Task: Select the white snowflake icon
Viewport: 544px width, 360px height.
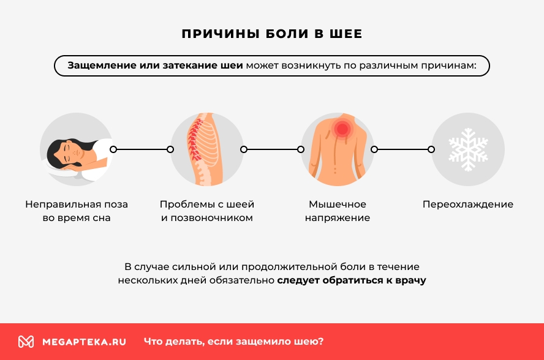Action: point(468,149)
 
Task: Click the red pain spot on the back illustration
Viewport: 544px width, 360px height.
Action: point(341,129)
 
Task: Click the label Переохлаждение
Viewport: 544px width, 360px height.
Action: point(468,204)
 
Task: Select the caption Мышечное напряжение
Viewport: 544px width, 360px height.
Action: point(338,211)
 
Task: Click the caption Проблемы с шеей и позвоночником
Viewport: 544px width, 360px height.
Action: point(207,211)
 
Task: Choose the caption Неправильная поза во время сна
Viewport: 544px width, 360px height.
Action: point(77,211)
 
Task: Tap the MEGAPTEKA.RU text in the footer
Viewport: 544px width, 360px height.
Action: point(84,342)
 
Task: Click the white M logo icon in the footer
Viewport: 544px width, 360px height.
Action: point(26,342)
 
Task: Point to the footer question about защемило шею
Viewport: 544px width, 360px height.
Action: point(233,342)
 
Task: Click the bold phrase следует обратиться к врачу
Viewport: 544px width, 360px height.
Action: point(352,281)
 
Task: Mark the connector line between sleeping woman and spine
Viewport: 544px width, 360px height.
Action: point(142,149)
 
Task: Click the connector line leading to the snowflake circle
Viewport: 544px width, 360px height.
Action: point(402,149)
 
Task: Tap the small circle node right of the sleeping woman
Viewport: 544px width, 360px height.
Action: point(113,149)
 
